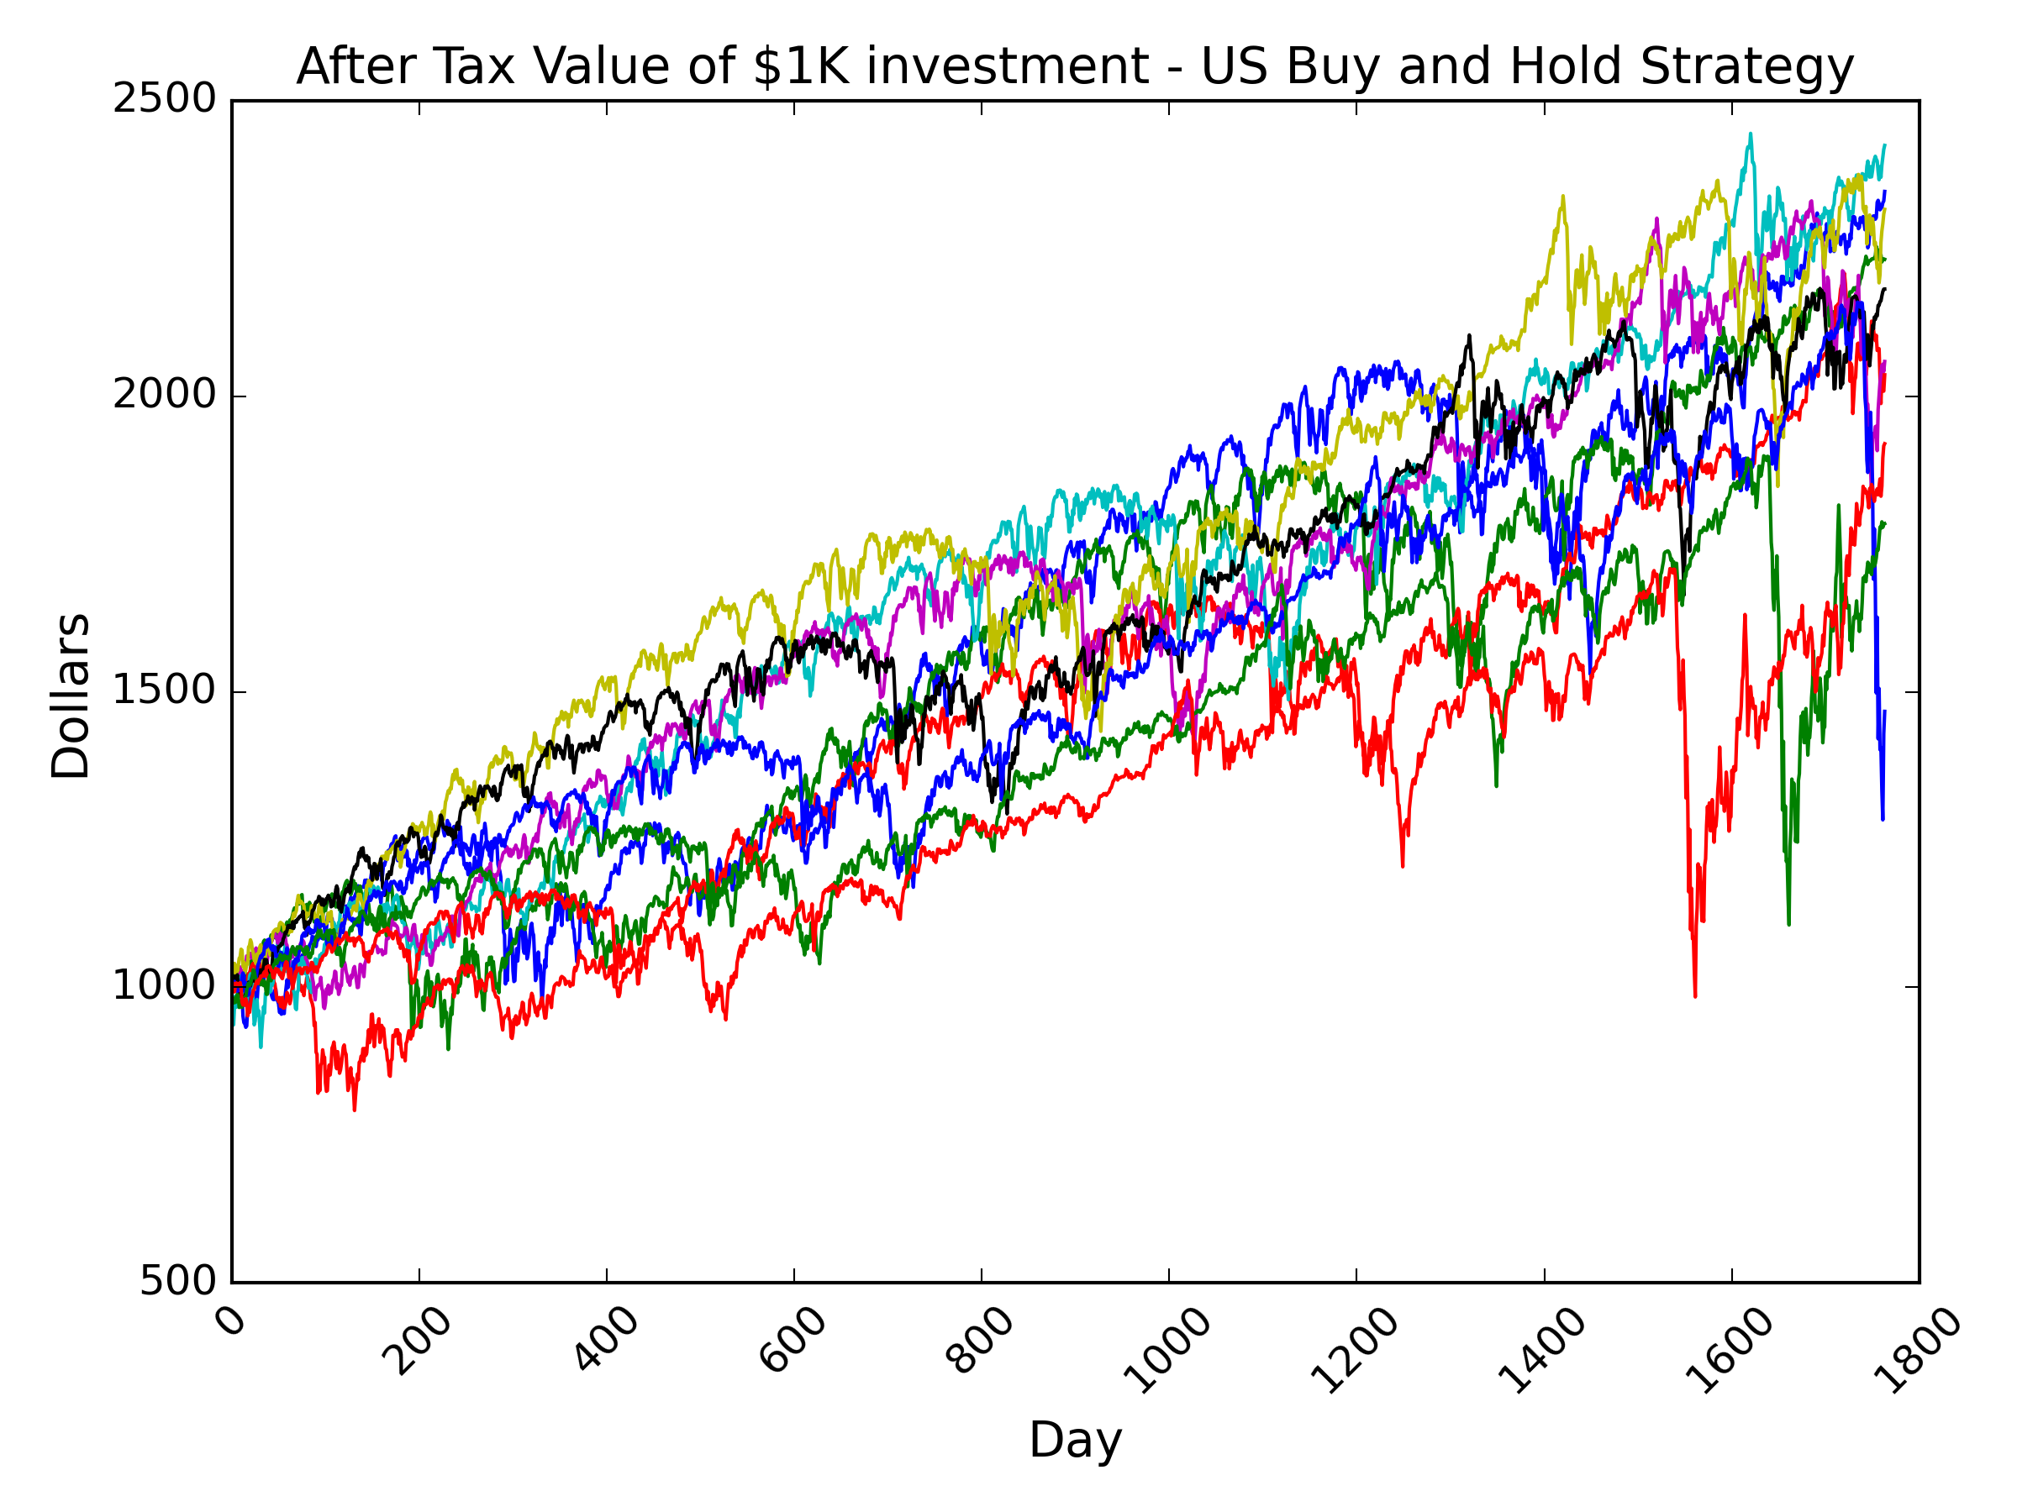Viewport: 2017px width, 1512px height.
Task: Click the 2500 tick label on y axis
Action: point(164,99)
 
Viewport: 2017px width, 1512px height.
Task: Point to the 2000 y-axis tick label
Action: point(164,395)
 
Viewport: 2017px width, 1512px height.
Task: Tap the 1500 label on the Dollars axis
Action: point(164,690)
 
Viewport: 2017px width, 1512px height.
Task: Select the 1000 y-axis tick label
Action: point(164,985)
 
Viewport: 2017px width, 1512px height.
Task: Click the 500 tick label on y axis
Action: point(178,1280)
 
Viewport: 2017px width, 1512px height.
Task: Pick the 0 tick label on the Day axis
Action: point(234,1320)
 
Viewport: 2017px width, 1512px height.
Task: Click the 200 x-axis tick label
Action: point(417,1340)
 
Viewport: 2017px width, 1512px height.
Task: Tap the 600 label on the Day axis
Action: point(792,1340)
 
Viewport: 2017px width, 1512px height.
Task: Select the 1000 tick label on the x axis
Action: point(1166,1350)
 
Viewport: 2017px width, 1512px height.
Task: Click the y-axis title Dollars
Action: point(71,696)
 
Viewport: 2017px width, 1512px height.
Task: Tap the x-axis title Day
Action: point(1075,1441)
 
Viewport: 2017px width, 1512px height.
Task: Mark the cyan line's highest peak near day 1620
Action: point(1750,134)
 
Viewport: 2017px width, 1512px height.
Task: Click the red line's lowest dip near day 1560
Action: point(1695,996)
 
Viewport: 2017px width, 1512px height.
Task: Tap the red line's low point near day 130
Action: point(355,1109)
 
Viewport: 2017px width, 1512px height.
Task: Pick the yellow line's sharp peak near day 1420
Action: point(1563,196)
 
